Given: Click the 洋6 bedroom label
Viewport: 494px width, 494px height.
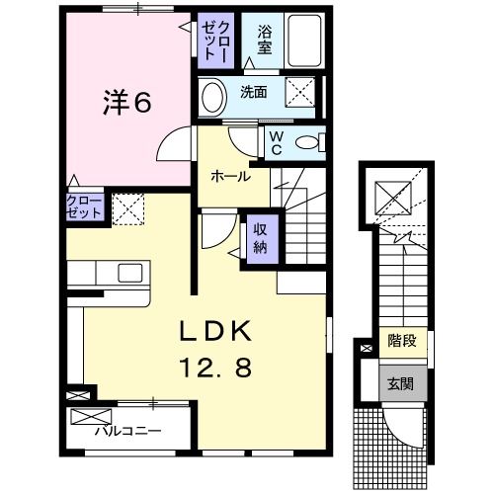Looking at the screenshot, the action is tap(127, 102).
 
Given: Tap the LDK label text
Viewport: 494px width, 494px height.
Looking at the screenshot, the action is tap(215, 331).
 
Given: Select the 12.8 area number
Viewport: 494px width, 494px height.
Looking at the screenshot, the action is tap(215, 368).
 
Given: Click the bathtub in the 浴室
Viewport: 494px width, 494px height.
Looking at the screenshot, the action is tap(304, 41).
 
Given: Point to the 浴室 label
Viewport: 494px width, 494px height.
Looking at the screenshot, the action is tap(265, 40).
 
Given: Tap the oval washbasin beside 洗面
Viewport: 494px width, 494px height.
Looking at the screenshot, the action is tap(212, 97).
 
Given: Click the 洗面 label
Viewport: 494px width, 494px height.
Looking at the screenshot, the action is tap(253, 92).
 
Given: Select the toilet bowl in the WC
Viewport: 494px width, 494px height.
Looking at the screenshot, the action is tap(307, 142).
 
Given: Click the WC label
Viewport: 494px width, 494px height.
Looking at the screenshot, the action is tap(277, 143).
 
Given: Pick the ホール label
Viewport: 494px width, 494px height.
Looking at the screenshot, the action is tap(230, 177).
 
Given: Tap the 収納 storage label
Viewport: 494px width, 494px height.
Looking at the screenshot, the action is tap(260, 239).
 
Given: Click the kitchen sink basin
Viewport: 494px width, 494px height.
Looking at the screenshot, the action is tap(130, 273).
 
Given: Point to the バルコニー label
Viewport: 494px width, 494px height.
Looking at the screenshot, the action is tap(128, 431).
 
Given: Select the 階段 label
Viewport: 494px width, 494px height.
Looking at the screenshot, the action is tap(402, 340).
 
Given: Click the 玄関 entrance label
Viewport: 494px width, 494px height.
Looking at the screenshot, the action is tap(400, 384).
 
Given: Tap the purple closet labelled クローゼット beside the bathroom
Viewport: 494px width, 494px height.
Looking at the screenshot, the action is tap(215, 41).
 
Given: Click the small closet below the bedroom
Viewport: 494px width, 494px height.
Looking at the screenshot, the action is tap(85, 206).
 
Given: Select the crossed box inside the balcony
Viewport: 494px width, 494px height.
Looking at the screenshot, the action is tap(91, 416).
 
